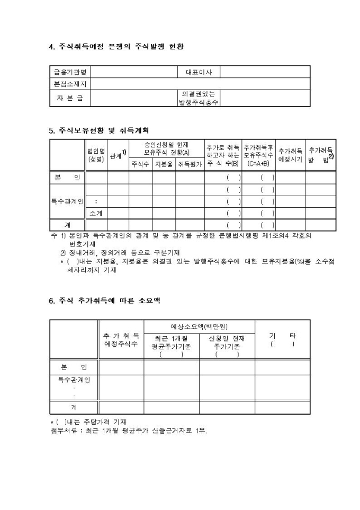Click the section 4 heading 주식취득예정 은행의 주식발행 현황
116,47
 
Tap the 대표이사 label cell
199,72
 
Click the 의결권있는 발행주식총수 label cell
199,98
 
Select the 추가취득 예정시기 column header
291,155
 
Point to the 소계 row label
96,213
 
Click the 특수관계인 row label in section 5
67,201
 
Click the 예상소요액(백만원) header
199,327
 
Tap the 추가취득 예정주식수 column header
121,340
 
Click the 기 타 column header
282,340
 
